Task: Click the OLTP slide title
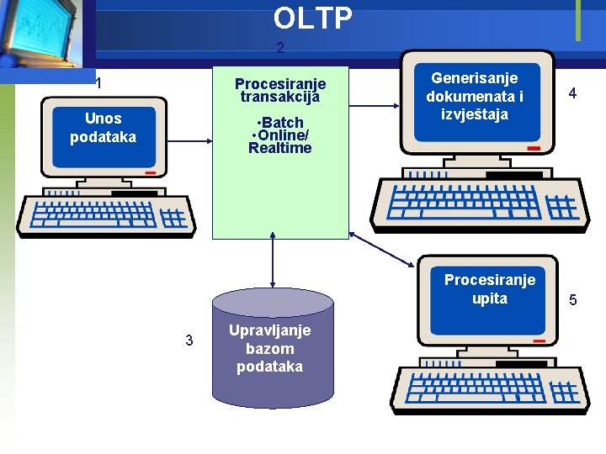point(312,18)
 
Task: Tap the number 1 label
point(99,83)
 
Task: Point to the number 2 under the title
point(280,49)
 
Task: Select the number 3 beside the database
point(189,340)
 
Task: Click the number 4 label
point(571,94)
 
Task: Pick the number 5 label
point(572,299)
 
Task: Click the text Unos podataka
point(103,127)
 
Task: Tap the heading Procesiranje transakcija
point(279,90)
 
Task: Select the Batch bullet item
point(279,123)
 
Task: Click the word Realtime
point(279,149)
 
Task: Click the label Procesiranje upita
point(489,288)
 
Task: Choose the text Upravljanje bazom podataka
point(269,348)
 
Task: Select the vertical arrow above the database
point(273,264)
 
